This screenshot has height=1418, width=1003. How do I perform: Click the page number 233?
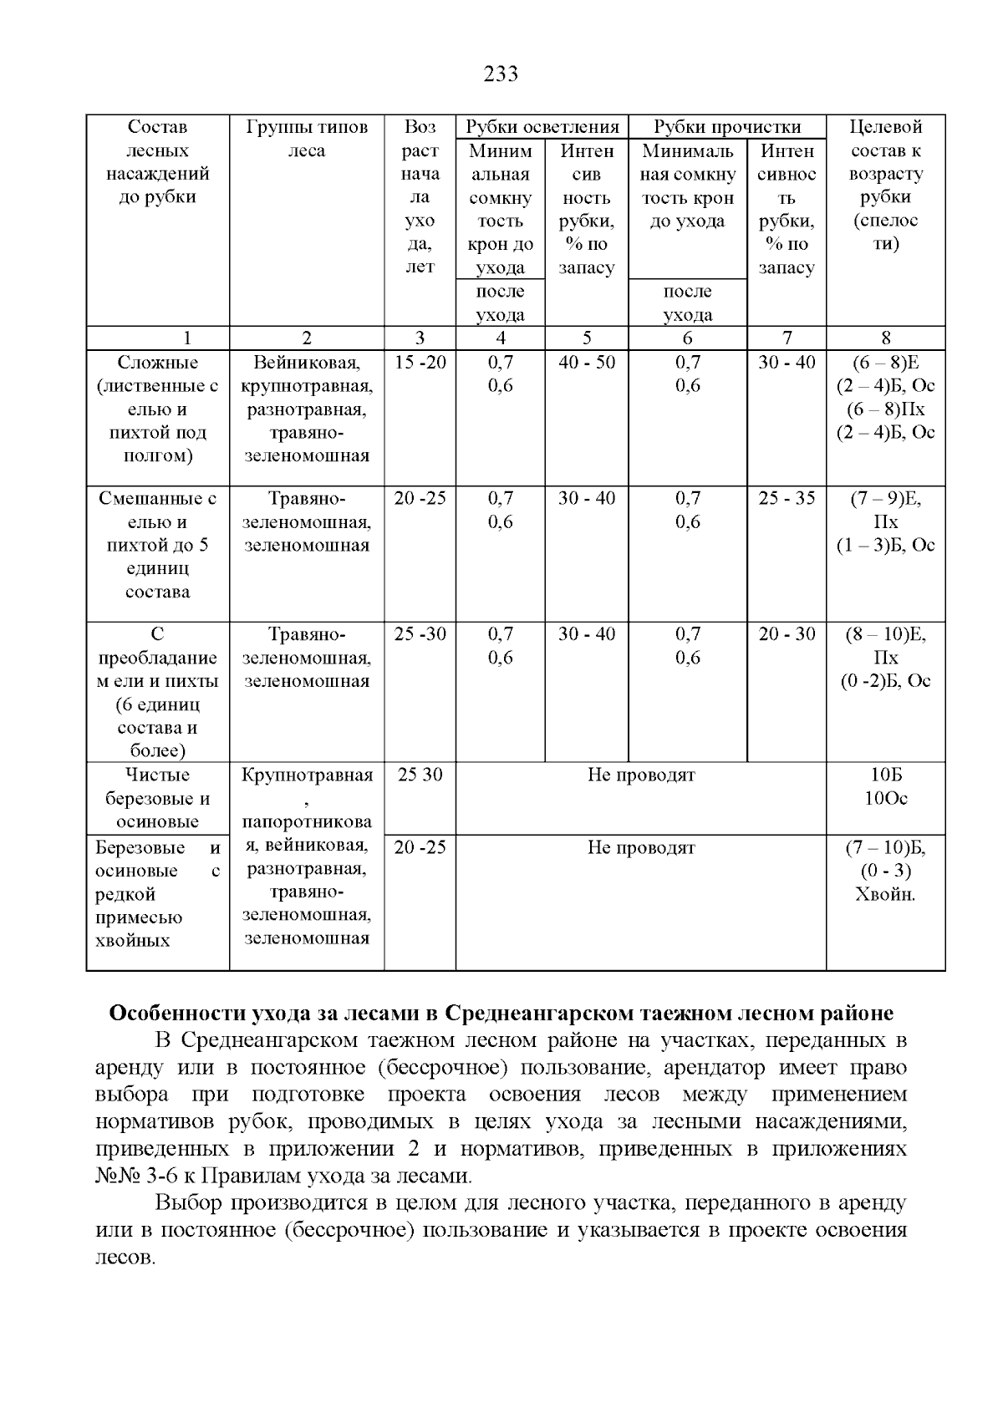tap(501, 74)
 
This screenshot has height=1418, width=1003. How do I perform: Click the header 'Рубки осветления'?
tap(542, 127)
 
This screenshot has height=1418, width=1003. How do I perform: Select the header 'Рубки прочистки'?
tap(726, 127)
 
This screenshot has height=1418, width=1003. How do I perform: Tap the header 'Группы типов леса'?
tap(306, 139)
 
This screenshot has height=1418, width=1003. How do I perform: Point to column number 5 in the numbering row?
tap(586, 338)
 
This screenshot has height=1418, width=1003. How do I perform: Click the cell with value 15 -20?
tap(420, 363)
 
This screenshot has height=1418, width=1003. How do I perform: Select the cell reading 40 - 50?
tap(586, 363)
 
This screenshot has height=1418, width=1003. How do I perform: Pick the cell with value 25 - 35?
tap(786, 498)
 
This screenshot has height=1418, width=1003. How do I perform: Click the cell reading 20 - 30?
tap(786, 634)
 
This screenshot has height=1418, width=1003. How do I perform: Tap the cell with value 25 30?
tap(420, 775)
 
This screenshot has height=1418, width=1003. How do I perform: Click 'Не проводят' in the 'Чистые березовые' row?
tap(640, 775)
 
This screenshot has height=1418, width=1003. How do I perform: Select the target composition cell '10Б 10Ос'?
tap(885, 786)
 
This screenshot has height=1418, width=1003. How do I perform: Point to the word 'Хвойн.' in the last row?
tap(885, 894)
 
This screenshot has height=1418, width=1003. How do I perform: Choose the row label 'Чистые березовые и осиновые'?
tap(157, 798)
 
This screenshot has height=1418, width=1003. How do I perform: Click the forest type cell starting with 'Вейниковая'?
tap(306, 409)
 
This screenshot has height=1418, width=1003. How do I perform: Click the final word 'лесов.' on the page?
tap(125, 1257)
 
